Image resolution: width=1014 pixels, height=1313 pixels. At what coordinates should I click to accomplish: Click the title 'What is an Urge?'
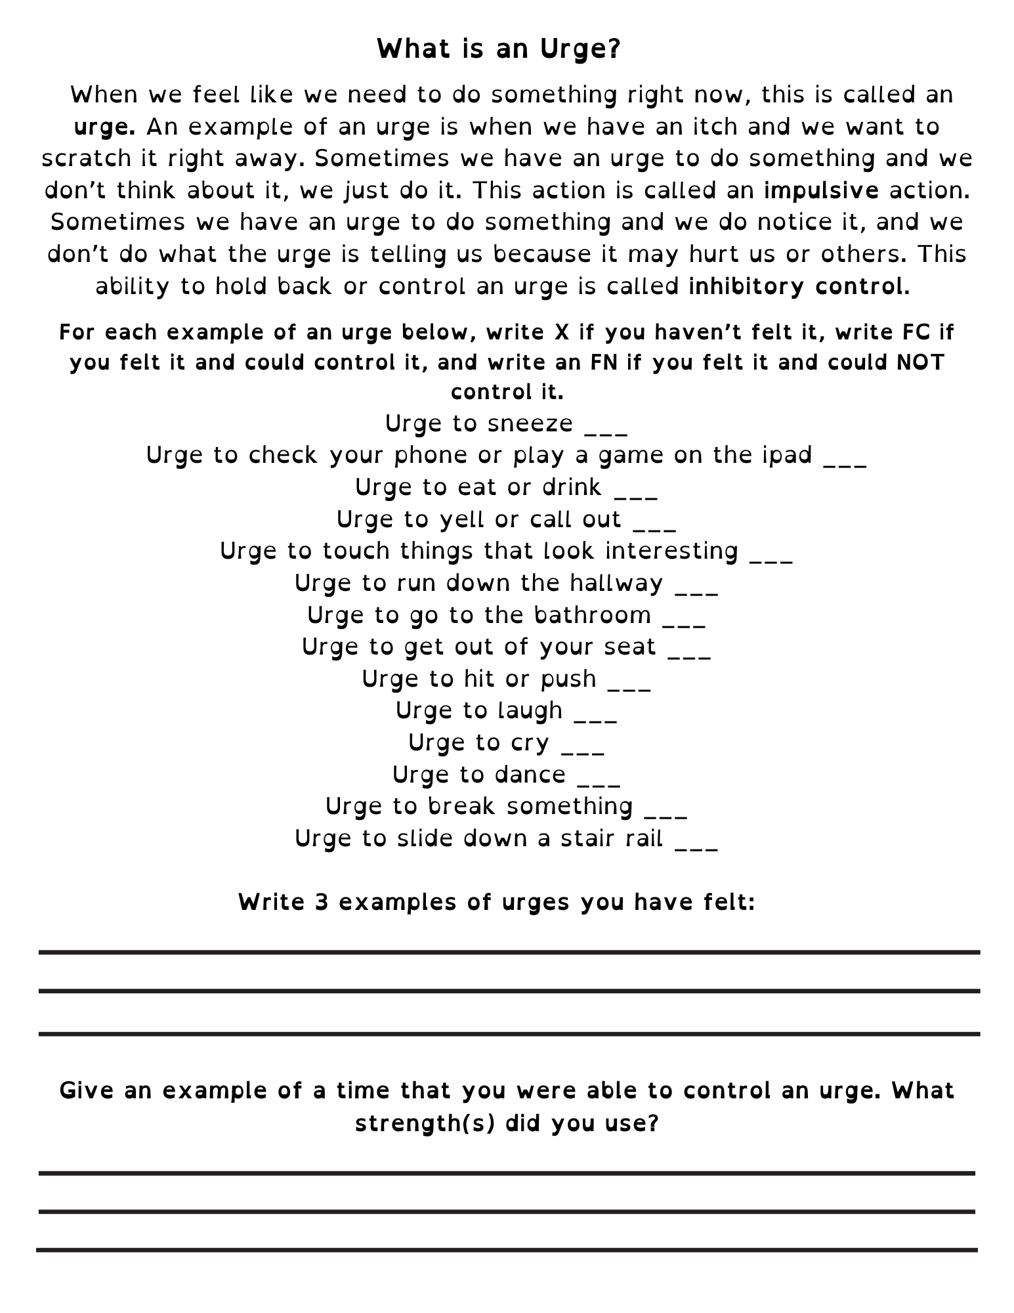[x=499, y=49]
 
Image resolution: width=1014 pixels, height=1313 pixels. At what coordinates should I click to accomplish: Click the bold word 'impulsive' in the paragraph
[x=821, y=190]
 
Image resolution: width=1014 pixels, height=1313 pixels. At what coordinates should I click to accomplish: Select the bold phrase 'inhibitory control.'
[x=799, y=287]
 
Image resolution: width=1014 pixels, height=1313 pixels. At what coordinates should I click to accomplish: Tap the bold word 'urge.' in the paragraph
[x=104, y=127]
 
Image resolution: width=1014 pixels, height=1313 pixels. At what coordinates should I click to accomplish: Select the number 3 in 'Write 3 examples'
[x=321, y=903]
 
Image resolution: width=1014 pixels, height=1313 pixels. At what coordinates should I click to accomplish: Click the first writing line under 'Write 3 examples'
[x=509, y=952]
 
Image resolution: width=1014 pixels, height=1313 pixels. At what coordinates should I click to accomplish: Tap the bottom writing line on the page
[x=507, y=1250]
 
